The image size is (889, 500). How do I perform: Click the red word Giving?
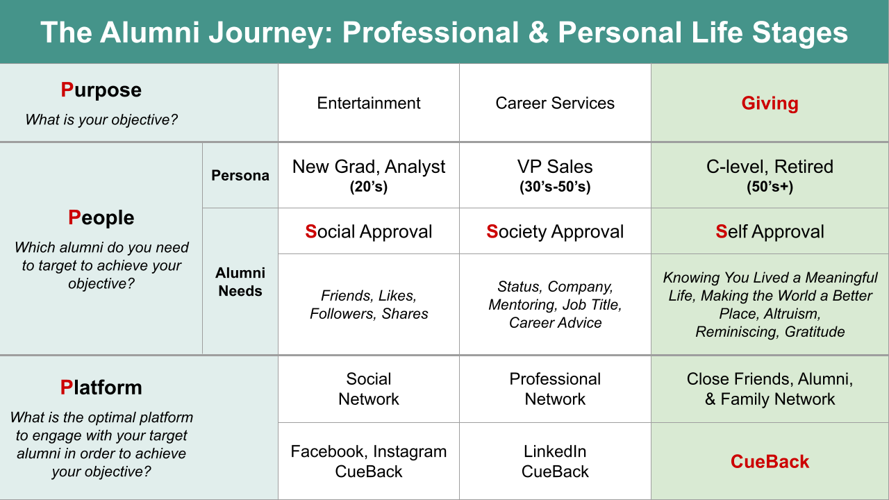pyautogui.click(x=770, y=103)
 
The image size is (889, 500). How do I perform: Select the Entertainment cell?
pyautogui.click(x=368, y=103)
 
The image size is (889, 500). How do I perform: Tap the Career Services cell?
pyautogui.click(x=555, y=103)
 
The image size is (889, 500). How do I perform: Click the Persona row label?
pyautogui.click(x=240, y=176)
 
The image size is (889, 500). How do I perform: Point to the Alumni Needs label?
pyautogui.click(x=240, y=282)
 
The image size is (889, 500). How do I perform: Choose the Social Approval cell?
pyautogui.click(x=368, y=231)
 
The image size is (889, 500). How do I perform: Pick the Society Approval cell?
pyautogui.click(x=555, y=231)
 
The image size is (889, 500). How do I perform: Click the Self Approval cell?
pyautogui.click(x=770, y=231)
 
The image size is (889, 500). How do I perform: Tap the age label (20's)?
pyautogui.click(x=368, y=187)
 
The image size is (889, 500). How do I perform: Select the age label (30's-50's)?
pyautogui.click(x=555, y=187)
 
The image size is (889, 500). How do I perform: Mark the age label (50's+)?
pyautogui.click(x=770, y=187)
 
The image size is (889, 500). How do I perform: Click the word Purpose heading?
pyautogui.click(x=101, y=90)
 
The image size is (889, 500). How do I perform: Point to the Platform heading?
pyautogui.click(x=101, y=387)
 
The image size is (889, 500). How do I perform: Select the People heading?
pyautogui.click(x=101, y=218)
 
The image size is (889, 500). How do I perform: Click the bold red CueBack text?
pyautogui.click(x=770, y=462)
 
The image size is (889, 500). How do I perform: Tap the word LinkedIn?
pyautogui.click(x=555, y=451)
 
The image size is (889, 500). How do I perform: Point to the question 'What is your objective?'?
pyautogui.click(x=101, y=120)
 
